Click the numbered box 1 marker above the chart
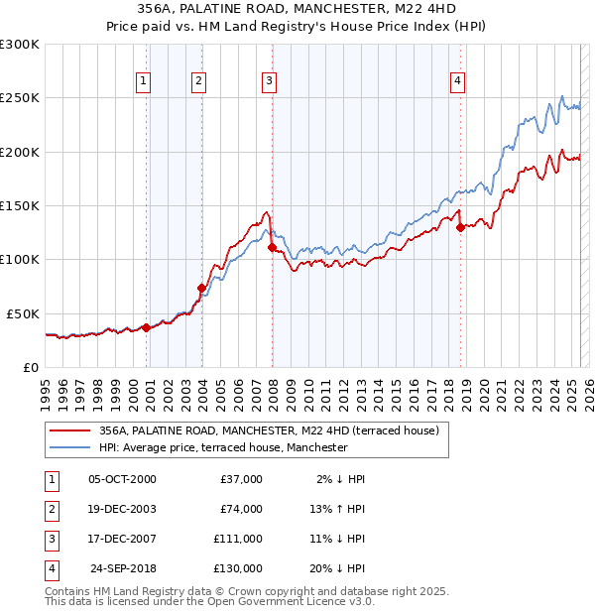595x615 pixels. (144, 81)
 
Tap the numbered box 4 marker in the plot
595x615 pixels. (457, 81)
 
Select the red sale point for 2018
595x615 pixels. (460, 227)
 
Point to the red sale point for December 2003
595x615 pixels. (201, 288)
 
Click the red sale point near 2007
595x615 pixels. (272, 248)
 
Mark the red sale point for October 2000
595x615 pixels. (146, 327)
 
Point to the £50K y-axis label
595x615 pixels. (23, 313)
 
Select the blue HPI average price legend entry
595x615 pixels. (222, 447)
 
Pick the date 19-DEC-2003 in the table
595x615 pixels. (123, 509)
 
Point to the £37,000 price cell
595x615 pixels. (241, 479)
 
